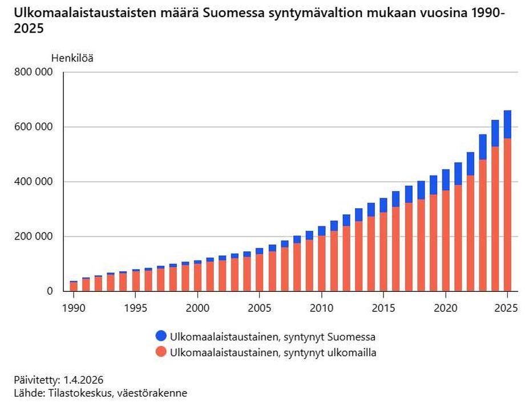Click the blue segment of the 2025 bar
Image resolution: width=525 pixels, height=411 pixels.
click(x=507, y=124)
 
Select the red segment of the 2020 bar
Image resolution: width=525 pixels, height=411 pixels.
click(x=445, y=241)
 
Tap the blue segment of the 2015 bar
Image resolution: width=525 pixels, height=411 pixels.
click(x=383, y=205)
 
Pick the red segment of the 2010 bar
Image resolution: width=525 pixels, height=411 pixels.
click(x=321, y=263)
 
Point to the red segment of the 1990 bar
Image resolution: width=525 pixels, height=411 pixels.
click(x=74, y=287)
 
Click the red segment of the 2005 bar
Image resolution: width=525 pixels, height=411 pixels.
click(x=260, y=273)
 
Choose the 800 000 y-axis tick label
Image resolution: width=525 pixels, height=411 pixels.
click(x=33, y=72)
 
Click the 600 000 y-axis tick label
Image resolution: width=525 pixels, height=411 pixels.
click(x=33, y=127)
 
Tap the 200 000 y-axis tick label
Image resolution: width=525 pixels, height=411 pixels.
click(x=33, y=237)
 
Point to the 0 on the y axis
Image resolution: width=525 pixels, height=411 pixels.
click(x=50, y=291)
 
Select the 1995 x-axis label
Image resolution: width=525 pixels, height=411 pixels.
click(x=136, y=308)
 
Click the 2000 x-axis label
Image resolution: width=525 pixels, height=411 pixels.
click(x=197, y=308)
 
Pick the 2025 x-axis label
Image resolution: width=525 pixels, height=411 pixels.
click(x=506, y=308)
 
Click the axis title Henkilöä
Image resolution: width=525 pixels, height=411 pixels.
click(x=72, y=58)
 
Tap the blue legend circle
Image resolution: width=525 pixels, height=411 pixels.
click(x=161, y=336)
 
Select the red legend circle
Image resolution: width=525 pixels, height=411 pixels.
click(x=161, y=352)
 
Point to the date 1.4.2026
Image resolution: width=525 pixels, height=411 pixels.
click(x=83, y=380)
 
